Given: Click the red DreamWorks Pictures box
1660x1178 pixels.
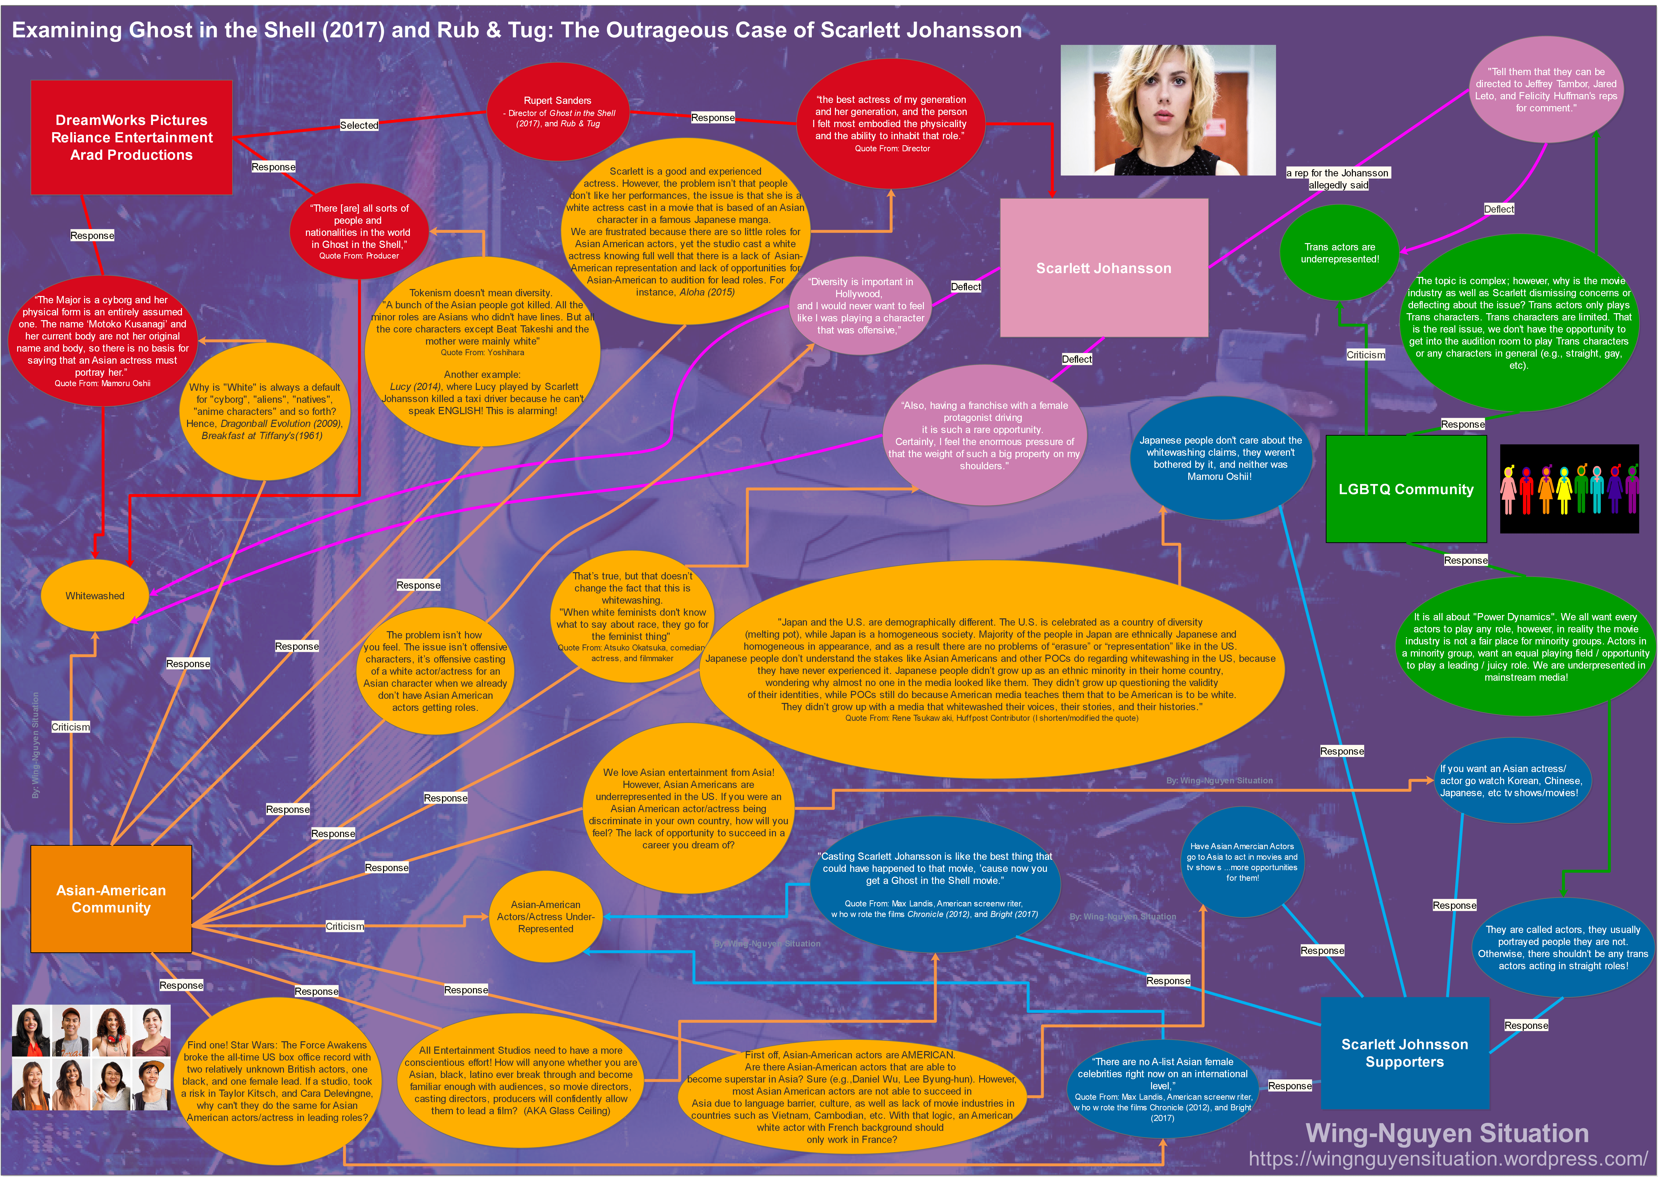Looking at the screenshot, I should (131, 137).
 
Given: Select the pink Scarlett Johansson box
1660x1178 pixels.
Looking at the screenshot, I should (1103, 268).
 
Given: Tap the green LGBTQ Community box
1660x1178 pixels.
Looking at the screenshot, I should (1405, 489).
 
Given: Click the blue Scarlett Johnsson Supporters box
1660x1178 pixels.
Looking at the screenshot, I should (1405, 1053).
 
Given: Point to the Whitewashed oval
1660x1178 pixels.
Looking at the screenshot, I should (95, 596).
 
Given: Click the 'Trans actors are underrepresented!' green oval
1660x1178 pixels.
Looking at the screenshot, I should (1339, 253).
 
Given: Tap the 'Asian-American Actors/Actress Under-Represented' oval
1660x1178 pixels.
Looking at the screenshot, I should (546, 916).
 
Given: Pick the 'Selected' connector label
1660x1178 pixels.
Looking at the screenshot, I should (359, 125).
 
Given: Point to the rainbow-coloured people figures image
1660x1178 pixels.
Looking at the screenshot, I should (1569, 489).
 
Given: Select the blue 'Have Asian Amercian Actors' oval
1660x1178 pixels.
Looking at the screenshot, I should (1242, 862).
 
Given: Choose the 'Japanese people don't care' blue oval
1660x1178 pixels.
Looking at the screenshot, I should (1220, 458).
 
